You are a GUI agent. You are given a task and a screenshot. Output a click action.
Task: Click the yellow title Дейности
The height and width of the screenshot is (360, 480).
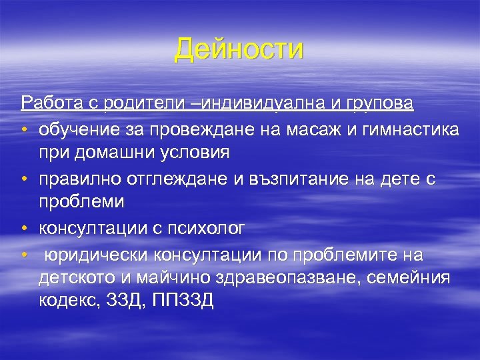pos(239,49)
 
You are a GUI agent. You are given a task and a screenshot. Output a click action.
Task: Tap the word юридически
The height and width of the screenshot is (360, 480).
pos(96,255)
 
